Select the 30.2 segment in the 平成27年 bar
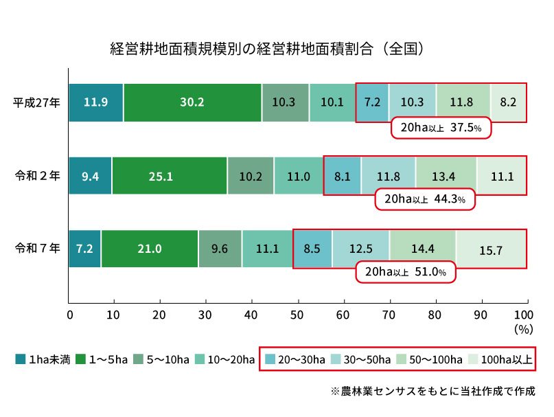[x=192, y=102]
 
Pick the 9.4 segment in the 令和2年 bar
[x=90, y=176]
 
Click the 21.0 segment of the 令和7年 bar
[x=150, y=249]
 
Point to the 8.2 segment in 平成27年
[x=508, y=102]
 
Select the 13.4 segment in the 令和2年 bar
[x=446, y=176]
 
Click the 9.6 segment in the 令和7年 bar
[x=220, y=249]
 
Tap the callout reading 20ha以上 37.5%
[x=441, y=128]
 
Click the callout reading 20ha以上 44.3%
[x=424, y=200]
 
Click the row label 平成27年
[x=37, y=103]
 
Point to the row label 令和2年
[x=37, y=176]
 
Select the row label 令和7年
[x=37, y=249]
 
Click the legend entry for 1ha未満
[x=40, y=359]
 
